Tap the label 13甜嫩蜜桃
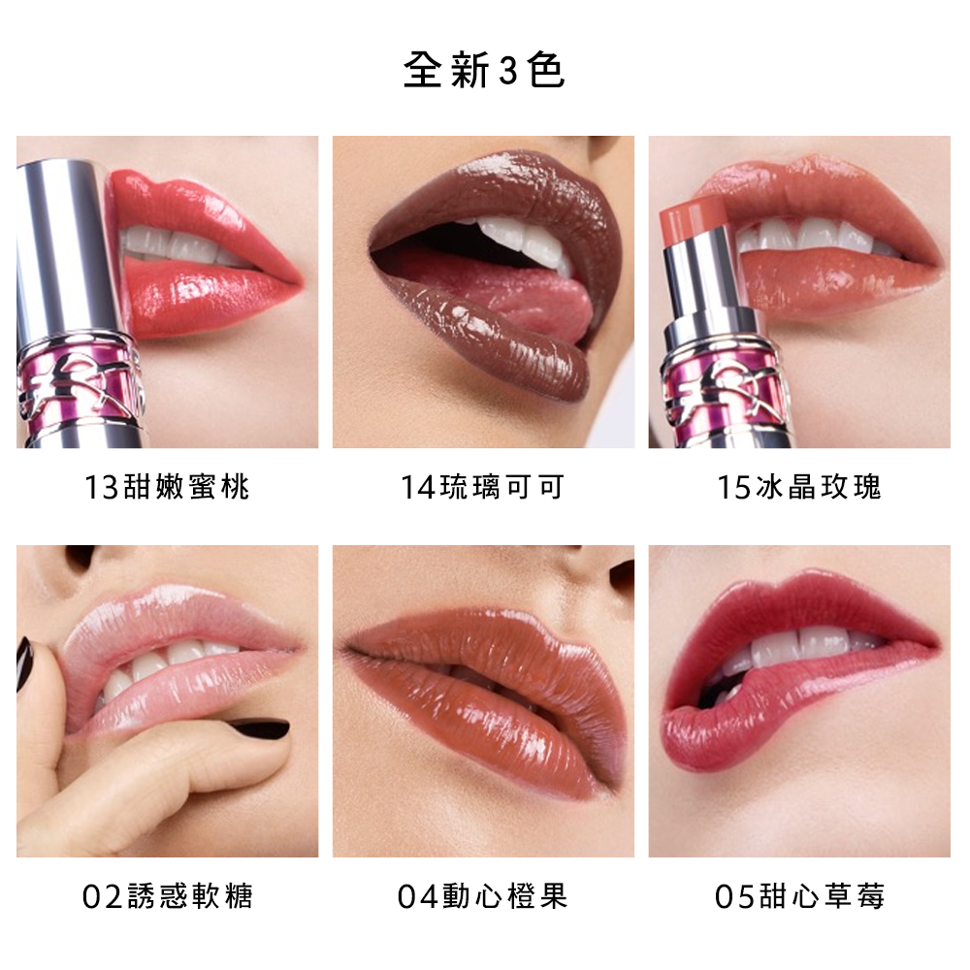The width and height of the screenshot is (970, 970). point(167,486)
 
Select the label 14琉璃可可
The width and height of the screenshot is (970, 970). point(483,486)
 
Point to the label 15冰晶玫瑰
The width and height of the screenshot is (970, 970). point(799,486)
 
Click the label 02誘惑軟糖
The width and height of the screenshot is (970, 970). point(167,895)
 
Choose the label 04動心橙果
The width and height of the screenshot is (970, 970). point(483,895)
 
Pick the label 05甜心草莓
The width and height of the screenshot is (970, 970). point(799,895)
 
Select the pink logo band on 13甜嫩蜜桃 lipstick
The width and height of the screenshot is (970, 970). point(78,383)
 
